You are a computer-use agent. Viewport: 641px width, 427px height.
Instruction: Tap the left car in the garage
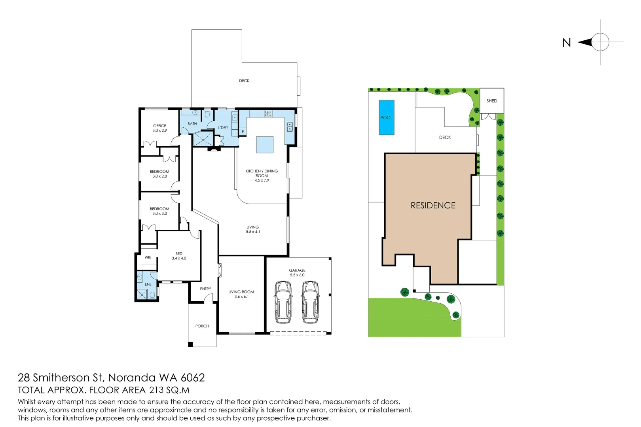pyautogui.click(x=283, y=302)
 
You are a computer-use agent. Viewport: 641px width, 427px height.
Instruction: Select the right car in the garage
pyautogui.click(x=310, y=302)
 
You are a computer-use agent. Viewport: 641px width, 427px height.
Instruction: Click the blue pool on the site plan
pyautogui.click(x=387, y=117)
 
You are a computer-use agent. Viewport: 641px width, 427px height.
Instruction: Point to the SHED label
pyautogui.click(x=492, y=101)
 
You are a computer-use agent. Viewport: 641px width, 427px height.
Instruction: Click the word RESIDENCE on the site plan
pyautogui.click(x=433, y=206)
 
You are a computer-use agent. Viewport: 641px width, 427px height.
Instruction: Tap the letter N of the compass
pyautogui.click(x=567, y=43)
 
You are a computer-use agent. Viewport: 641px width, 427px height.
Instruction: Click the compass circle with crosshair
pyautogui.click(x=600, y=42)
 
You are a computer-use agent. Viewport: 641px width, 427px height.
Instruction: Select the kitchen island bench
pyautogui.click(x=265, y=145)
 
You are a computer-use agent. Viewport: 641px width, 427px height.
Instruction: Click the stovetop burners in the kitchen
pyautogui.click(x=268, y=113)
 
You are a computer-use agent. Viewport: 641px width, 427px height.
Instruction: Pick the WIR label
pyautogui.click(x=148, y=257)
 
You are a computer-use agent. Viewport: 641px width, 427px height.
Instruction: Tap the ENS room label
pyautogui.click(x=148, y=284)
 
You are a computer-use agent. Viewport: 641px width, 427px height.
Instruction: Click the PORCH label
pyautogui.click(x=202, y=326)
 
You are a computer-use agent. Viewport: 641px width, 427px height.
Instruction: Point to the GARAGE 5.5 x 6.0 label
pyautogui.click(x=297, y=272)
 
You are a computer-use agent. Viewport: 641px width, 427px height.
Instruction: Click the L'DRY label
pyautogui.click(x=223, y=128)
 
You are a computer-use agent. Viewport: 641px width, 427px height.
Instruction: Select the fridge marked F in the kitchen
pyautogui.click(x=243, y=132)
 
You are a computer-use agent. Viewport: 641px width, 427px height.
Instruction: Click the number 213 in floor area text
pyautogui.click(x=156, y=390)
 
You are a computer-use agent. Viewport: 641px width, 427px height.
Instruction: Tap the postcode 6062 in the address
pyautogui.click(x=193, y=378)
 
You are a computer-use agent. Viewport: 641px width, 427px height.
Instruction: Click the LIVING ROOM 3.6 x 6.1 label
pyautogui.click(x=241, y=294)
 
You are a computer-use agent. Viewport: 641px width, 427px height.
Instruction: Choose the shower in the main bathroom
pyautogui.click(x=203, y=139)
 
